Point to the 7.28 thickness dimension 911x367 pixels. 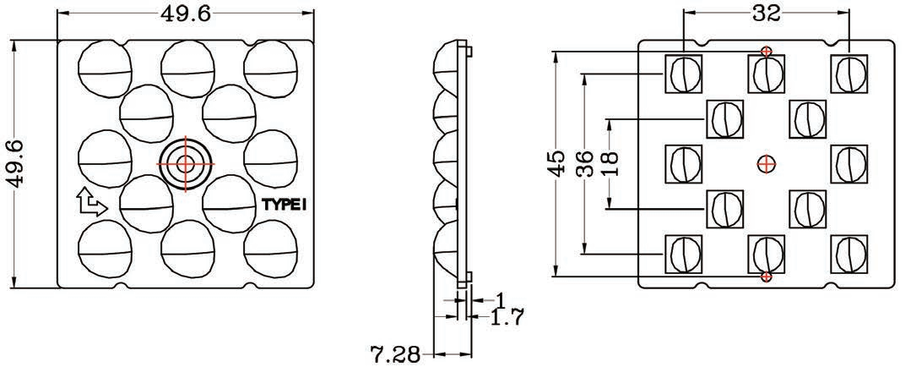point(394,353)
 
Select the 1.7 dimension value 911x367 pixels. point(507,318)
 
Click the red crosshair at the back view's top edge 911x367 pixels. point(766,52)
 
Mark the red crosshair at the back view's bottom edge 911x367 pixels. point(766,277)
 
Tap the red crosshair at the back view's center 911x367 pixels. point(766,163)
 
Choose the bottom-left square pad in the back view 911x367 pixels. point(684,253)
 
